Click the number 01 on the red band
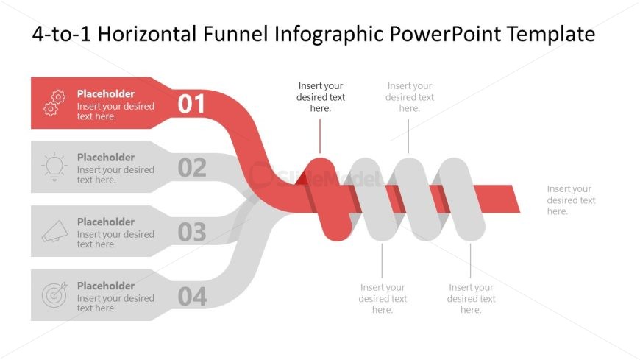[192, 105]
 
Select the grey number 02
[192, 168]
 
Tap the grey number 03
[192, 233]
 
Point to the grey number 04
[192, 297]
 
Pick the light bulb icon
[54, 167]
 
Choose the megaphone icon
[54, 232]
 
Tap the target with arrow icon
[54, 295]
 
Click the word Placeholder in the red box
[106, 94]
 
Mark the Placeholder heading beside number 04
[106, 286]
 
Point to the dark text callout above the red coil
[321, 97]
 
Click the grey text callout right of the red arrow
[571, 200]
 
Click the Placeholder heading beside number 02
[106, 158]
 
